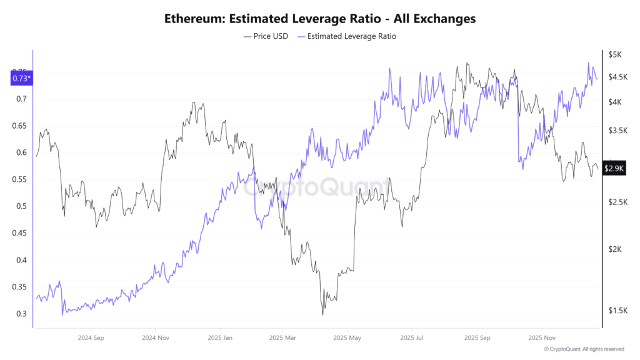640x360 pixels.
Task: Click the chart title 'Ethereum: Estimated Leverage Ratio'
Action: click(x=319, y=19)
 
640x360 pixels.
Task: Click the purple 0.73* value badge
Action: click(x=21, y=78)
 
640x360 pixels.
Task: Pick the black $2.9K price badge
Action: click(x=613, y=169)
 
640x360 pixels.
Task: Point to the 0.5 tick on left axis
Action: click(x=22, y=207)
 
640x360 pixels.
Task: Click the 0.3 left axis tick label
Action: click(x=22, y=314)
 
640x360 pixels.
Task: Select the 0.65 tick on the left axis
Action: click(x=20, y=126)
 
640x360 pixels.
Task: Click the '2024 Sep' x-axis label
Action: click(x=90, y=337)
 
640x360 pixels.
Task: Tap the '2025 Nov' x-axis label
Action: click(x=541, y=337)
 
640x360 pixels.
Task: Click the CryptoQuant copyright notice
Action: click(x=584, y=349)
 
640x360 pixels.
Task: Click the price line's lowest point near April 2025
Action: click(x=323, y=314)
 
